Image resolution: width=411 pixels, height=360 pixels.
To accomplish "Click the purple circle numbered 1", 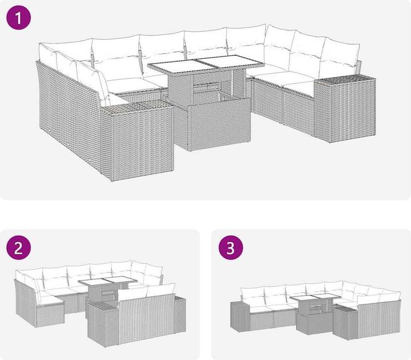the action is [x=18, y=17].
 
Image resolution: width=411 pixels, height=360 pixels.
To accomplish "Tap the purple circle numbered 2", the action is [x=18, y=247].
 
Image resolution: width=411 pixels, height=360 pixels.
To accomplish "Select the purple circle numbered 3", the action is [x=231, y=247].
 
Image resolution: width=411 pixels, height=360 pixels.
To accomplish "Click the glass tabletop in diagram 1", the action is [x=205, y=64].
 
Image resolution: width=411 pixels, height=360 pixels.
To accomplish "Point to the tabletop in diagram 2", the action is [x=107, y=281].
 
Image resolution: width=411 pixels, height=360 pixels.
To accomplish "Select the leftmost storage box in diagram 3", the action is [x=239, y=317].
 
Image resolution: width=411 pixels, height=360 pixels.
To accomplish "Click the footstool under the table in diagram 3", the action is [x=315, y=321].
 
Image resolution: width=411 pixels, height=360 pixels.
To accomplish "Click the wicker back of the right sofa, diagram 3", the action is [x=379, y=318].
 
